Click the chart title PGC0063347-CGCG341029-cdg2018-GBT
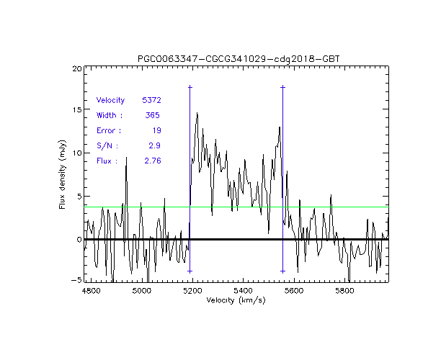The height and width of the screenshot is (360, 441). tap(239, 58)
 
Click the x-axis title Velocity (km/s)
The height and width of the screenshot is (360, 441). tap(236, 300)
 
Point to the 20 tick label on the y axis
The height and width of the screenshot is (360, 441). tap(76, 68)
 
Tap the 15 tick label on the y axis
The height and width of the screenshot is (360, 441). tap(76, 110)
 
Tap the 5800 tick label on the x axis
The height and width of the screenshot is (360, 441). tap(345, 290)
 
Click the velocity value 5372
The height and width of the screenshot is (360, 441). tap(151, 100)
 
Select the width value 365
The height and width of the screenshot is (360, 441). tap(153, 115)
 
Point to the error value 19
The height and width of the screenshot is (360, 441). tap(156, 130)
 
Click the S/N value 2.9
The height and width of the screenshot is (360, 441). tap(154, 145)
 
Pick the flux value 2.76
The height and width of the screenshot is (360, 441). tap(152, 161)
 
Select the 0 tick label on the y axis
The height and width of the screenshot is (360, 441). tap(79, 239)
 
